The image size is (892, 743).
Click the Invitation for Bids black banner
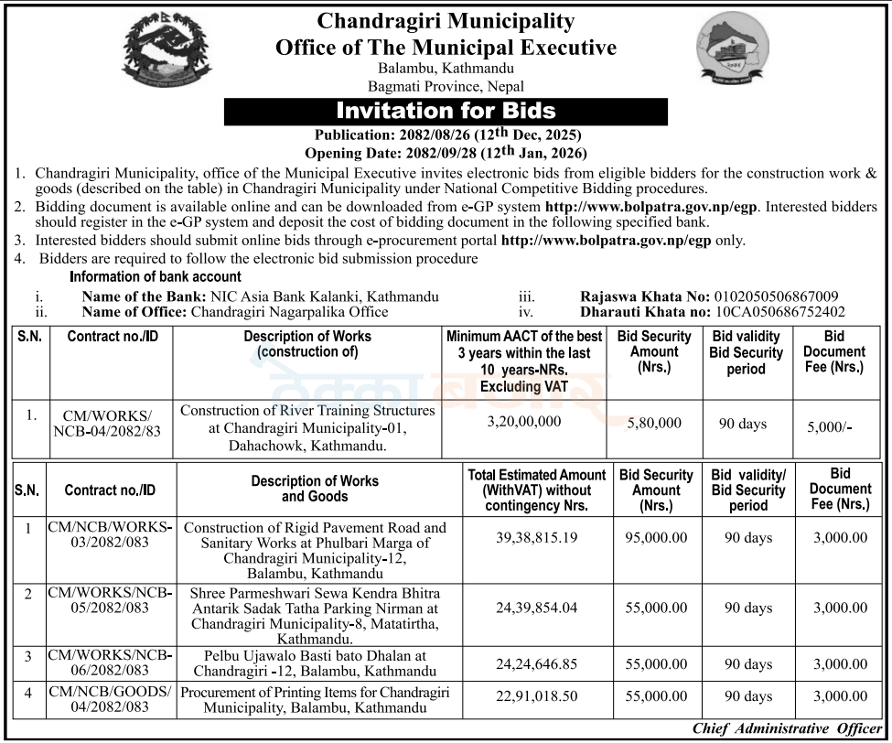tap(446, 112)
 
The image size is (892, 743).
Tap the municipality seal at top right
tap(732, 48)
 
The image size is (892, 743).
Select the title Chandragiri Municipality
tap(446, 21)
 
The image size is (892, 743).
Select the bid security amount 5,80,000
tap(653, 423)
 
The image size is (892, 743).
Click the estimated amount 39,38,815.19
tap(537, 538)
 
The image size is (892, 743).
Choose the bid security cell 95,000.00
tap(656, 538)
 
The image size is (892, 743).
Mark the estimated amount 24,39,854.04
tap(537, 608)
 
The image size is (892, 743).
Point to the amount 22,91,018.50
tap(537, 696)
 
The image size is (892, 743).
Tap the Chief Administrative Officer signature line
tap(787, 729)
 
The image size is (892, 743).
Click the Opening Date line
tap(446, 153)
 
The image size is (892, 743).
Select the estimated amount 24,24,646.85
tap(537, 664)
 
